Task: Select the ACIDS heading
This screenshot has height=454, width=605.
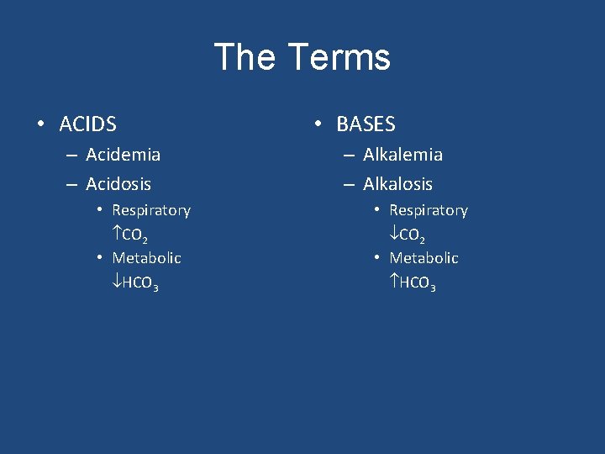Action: pos(87,125)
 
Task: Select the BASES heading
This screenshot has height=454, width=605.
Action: pos(366,124)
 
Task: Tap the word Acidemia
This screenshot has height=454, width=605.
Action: pos(123,155)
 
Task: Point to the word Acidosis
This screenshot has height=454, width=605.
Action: pos(118,183)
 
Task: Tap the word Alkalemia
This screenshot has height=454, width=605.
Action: pos(402,155)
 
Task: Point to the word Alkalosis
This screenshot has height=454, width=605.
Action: pos(397,183)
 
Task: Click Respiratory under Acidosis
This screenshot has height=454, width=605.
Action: pos(151,210)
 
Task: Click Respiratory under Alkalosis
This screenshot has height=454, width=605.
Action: pos(429,210)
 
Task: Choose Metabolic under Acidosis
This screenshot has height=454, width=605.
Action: pos(146,258)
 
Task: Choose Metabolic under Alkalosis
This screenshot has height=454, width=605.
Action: pos(423,258)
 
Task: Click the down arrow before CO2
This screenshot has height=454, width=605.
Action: pos(394,234)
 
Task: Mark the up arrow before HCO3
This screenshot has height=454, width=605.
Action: pos(394,282)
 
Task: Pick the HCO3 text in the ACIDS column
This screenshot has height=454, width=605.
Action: pos(141,284)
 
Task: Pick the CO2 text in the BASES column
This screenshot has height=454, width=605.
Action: pos(413,235)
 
